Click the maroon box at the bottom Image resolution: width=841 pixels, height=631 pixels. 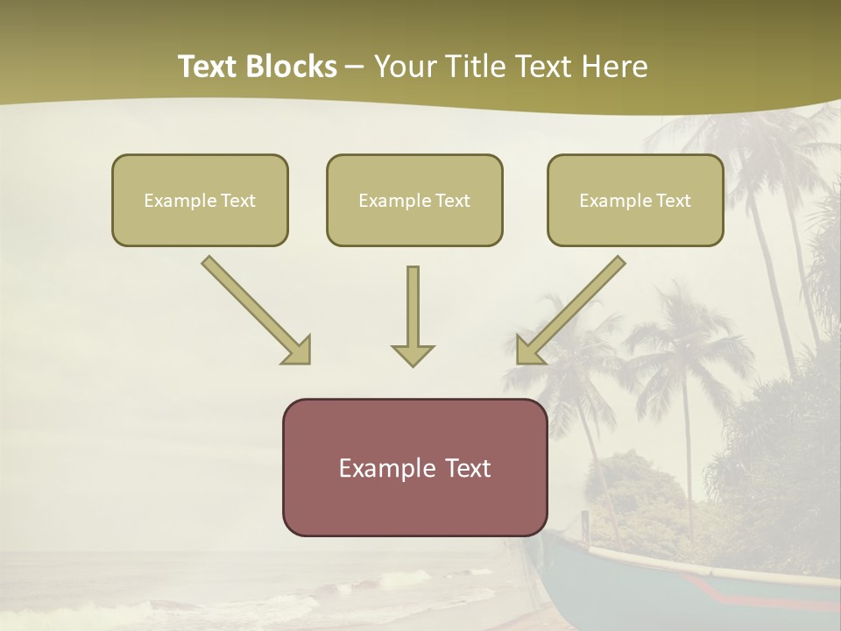point(414,467)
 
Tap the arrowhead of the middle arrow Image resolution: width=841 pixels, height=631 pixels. point(413,355)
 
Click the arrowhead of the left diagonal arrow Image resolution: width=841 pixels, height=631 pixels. point(298,351)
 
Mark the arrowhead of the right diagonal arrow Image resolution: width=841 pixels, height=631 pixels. point(529,351)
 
